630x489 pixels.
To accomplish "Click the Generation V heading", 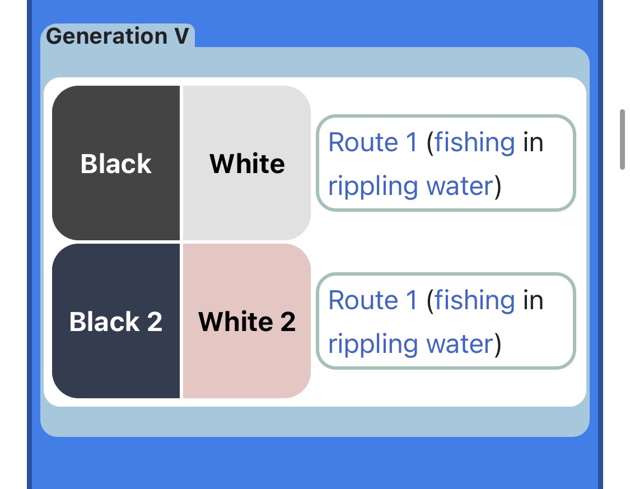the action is click(118, 36).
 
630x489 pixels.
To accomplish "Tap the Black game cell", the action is click(116, 163).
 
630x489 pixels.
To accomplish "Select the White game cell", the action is click(247, 163).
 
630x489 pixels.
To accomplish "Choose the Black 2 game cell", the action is click(116, 321).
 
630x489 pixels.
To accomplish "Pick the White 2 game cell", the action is click(247, 321).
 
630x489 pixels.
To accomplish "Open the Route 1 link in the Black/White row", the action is click(374, 142).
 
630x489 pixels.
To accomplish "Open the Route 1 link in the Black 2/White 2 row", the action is click(374, 300).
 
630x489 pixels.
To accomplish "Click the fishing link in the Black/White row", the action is click(474, 143).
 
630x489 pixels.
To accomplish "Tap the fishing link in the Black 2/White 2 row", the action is click(474, 301).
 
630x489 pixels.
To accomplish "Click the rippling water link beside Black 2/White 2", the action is click(410, 344).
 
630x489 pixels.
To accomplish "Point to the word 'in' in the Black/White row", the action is click(533, 142).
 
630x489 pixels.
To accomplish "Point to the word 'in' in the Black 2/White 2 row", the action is click(533, 300).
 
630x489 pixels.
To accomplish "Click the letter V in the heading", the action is click(181, 36).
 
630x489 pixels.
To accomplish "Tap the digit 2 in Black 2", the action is click(155, 322).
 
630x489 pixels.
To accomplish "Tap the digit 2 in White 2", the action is click(288, 322).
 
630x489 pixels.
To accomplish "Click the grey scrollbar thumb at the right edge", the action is click(622, 139).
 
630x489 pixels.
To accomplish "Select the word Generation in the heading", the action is click(106, 36).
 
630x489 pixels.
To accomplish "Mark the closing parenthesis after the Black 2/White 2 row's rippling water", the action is click(498, 344).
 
